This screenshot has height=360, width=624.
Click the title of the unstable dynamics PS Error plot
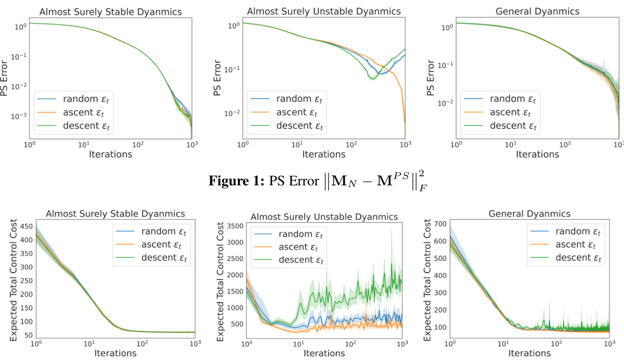coord(323,11)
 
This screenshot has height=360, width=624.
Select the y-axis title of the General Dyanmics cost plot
coord(427,280)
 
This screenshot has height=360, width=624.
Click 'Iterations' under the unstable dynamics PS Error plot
coord(323,154)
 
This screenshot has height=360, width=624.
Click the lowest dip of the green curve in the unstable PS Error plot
coord(372,77)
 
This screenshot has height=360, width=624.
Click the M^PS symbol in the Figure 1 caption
coord(395,181)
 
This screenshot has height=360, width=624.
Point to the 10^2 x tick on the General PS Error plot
coord(564,145)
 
